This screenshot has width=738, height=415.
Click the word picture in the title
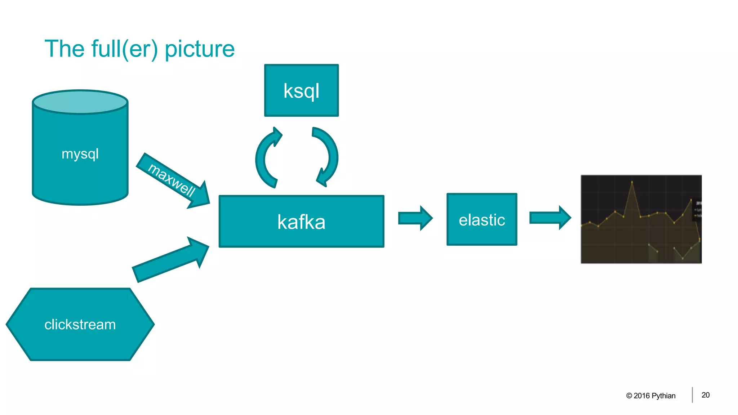click(x=199, y=49)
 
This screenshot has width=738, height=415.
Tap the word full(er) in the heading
click(x=124, y=49)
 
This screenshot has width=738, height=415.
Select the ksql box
click(x=301, y=90)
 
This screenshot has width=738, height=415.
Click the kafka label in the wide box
click(x=301, y=222)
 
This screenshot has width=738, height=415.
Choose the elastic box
click(x=482, y=220)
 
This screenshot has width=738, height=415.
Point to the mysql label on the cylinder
click(x=80, y=154)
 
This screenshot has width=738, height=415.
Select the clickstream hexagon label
click(x=80, y=325)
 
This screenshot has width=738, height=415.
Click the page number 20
click(x=706, y=395)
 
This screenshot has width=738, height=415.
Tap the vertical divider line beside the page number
click(x=692, y=395)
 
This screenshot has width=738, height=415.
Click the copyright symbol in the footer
click(x=629, y=396)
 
